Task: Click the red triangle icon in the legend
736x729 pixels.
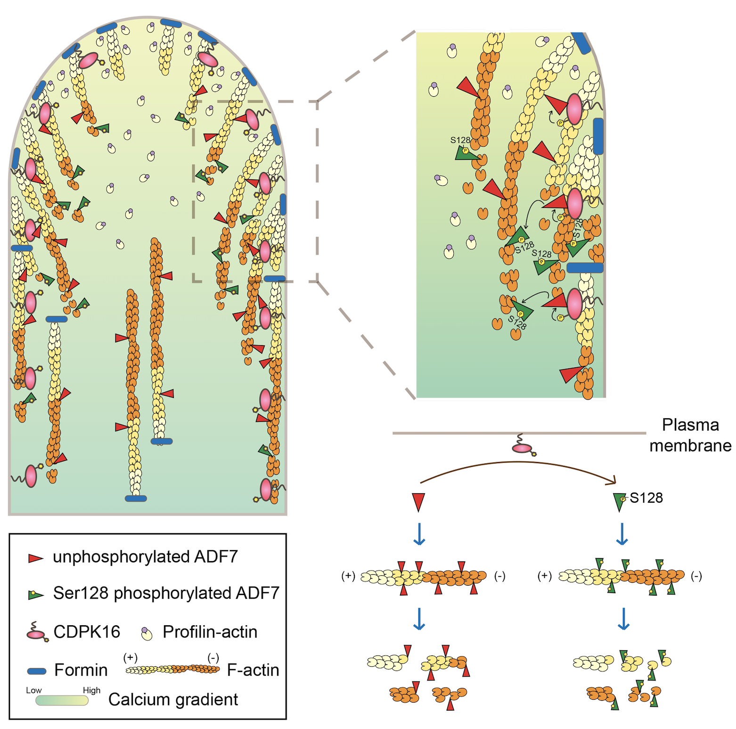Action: (x=35, y=558)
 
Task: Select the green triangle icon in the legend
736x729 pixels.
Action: (x=36, y=595)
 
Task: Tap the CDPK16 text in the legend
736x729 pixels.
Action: (x=87, y=632)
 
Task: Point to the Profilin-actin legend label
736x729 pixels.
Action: (x=210, y=632)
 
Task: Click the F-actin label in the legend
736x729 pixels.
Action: (x=253, y=670)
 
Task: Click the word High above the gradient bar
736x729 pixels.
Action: (x=91, y=690)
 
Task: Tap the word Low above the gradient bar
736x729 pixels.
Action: (x=33, y=690)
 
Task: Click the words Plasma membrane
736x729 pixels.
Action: (x=690, y=435)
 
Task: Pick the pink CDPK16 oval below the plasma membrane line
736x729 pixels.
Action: (x=522, y=448)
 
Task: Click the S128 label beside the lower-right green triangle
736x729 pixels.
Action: (x=646, y=498)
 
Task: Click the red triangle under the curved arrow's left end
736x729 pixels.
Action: (x=418, y=502)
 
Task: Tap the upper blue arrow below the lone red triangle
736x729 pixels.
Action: (x=419, y=534)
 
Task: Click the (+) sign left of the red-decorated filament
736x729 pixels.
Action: (x=348, y=576)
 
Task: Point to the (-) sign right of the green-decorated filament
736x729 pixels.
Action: (x=696, y=576)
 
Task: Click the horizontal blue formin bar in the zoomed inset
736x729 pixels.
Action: (x=585, y=268)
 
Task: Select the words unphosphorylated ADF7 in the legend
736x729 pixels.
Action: (x=145, y=557)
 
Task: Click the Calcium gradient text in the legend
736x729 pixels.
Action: (x=173, y=700)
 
